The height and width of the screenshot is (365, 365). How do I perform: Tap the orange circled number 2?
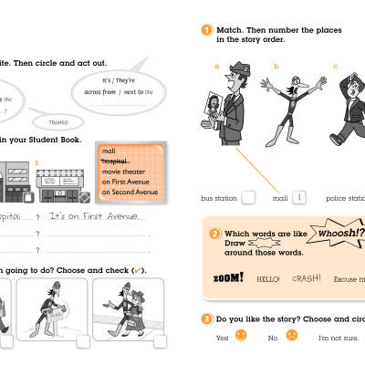214,235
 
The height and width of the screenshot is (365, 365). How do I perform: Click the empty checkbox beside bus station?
247,197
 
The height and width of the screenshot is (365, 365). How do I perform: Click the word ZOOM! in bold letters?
228,277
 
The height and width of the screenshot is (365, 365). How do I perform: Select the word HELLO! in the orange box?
268,279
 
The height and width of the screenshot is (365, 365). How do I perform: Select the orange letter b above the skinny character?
276,67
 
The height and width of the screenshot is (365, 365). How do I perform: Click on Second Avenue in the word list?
130,192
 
